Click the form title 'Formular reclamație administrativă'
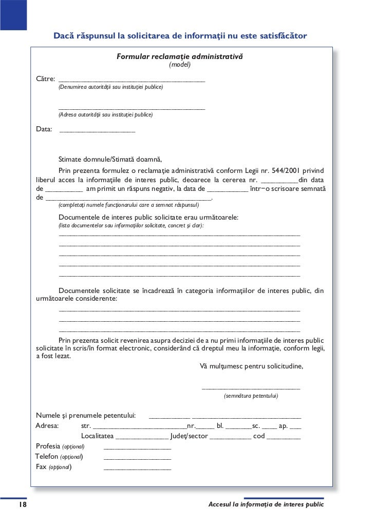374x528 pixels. (179, 55)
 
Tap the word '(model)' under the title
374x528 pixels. (180, 65)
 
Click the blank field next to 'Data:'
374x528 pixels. (98, 131)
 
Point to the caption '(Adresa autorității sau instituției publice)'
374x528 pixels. (105, 115)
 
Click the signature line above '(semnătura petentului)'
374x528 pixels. (251, 388)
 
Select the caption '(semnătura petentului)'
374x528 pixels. (251, 396)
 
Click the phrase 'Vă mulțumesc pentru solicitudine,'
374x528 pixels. (251, 366)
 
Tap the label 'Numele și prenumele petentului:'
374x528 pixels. (86, 415)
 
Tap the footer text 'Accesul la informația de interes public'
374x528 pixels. (266, 505)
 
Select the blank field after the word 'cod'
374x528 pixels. (284, 438)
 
